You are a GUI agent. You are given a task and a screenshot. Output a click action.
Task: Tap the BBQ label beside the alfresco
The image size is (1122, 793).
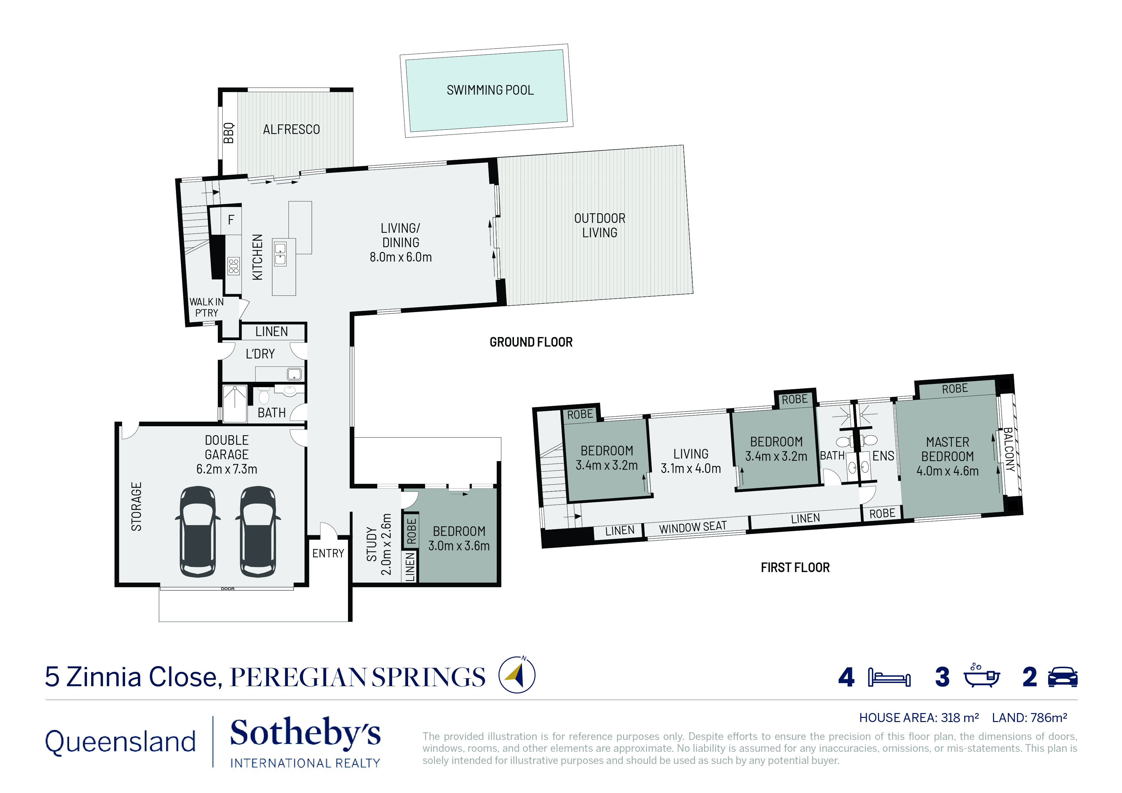click(x=228, y=133)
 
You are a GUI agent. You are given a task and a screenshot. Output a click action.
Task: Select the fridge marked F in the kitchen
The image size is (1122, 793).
click(x=231, y=220)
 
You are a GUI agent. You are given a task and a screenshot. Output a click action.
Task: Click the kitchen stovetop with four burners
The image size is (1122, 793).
click(x=233, y=266)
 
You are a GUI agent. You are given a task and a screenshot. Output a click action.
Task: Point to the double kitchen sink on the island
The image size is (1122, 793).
click(x=280, y=254)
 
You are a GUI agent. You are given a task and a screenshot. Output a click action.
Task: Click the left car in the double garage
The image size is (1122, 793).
click(x=198, y=531)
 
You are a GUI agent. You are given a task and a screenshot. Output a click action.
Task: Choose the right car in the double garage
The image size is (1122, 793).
click(x=258, y=531)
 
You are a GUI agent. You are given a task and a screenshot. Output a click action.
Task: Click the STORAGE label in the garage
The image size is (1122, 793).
click(x=136, y=507)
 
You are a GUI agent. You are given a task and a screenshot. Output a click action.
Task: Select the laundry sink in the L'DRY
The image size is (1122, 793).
click(x=294, y=374)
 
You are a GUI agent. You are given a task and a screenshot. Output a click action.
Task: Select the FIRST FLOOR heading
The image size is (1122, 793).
click(x=795, y=567)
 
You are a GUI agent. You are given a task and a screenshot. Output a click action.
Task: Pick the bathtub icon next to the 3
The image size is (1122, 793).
click(x=981, y=676)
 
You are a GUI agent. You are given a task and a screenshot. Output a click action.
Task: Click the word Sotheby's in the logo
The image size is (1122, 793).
click(x=305, y=733)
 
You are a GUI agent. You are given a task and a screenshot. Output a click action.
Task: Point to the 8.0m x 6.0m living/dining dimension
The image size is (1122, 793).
click(x=401, y=257)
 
